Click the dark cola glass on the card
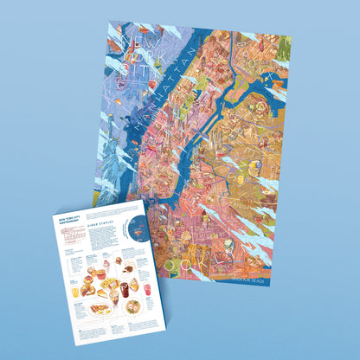pos(124,289)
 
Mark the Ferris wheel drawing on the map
pos(230,257)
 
